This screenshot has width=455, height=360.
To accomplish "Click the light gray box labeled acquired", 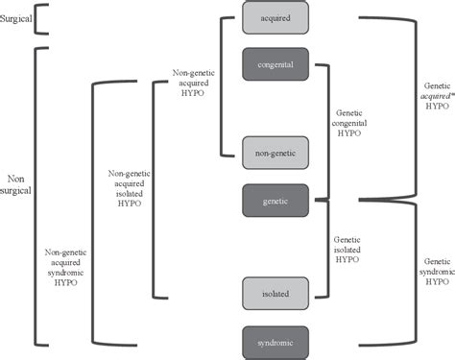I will pos(275,16).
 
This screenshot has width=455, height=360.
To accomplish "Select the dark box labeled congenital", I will pos(275,64).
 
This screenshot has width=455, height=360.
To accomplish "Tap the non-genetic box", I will pos(275,153).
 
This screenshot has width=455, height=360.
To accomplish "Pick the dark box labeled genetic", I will pos(275,200).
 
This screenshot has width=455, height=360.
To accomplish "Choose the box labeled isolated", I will pos(275,292).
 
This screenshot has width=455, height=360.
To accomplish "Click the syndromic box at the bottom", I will pos(275,342).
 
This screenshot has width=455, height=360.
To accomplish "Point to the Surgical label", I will pos(18,16).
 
